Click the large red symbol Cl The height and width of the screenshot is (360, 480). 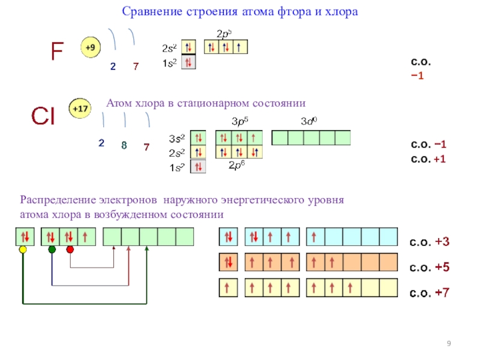(43, 117)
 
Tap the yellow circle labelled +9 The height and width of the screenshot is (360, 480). (91, 47)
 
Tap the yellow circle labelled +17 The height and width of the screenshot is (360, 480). (80, 109)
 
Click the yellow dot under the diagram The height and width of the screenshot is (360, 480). (23, 250)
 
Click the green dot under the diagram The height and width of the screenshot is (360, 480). (52, 250)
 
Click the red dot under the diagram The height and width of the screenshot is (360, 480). (70, 250)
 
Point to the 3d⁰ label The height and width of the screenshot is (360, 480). (308, 122)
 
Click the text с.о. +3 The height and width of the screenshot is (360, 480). (430, 242)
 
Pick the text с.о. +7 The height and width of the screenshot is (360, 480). (430, 293)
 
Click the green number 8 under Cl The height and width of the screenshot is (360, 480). (124, 145)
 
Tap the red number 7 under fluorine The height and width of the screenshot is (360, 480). (136, 67)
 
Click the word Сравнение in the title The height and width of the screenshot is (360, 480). (147, 11)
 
